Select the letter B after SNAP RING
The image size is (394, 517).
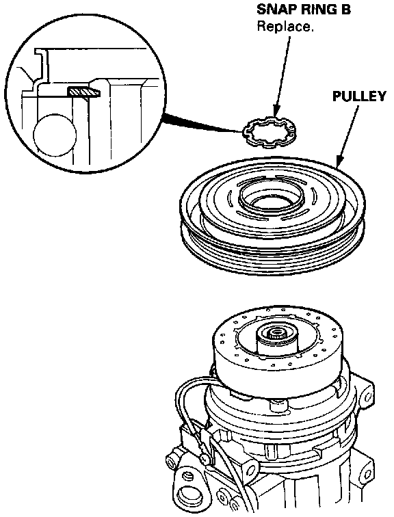click(344, 10)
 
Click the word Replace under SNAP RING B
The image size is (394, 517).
click(285, 27)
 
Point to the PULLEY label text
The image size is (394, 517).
click(359, 96)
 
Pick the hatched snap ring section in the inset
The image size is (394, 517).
click(84, 91)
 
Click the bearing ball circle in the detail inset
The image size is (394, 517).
click(55, 135)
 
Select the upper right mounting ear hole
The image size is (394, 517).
click(368, 392)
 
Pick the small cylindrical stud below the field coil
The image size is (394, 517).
click(276, 406)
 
